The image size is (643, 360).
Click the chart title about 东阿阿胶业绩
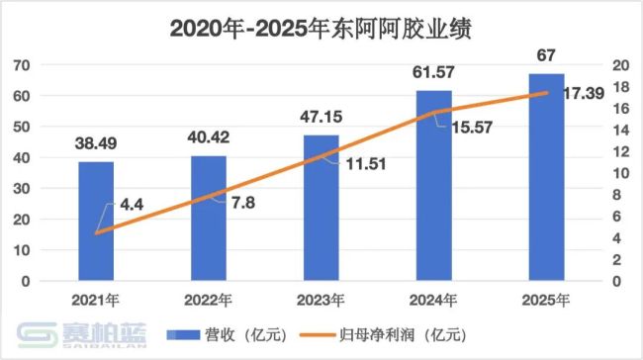pyautogui.click(x=322, y=28)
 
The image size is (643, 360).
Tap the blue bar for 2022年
pyautogui.click(x=209, y=218)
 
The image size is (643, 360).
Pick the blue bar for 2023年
pyautogui.click(x=321, y=208)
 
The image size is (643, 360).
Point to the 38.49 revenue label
pyautogui.click(x=96, y=143)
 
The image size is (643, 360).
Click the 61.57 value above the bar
pyautogui.click(x=433, y=71)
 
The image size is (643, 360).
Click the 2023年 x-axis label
pyautogui.click(x=321, y=299)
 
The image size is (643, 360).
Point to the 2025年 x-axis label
pyautogui.click(x=546, y=299)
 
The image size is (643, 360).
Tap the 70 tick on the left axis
pyautogui.click(x=46, y=65)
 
